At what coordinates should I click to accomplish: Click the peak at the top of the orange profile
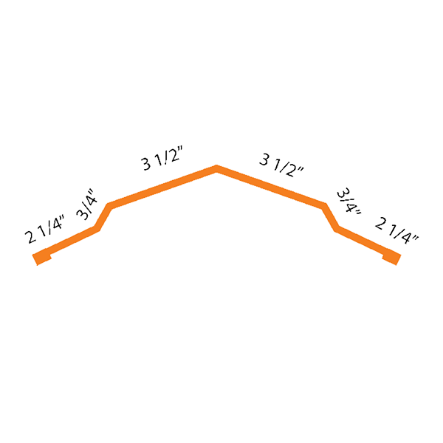pyautogui.click(x=216, y=168)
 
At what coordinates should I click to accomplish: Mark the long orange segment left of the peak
pyautogui.click(x=162, y=185)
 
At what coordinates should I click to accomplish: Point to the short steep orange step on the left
pyautogui.click(x=103, y=216)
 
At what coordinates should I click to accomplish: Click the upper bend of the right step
pyautogui.click(x=324, y=202)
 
